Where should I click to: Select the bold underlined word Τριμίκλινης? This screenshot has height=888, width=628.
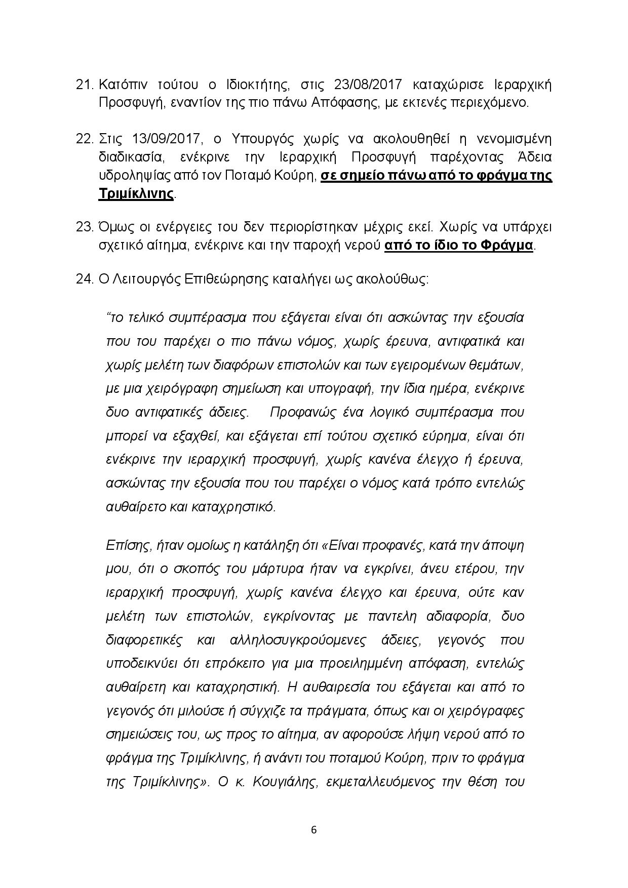[x=136, y=194]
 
